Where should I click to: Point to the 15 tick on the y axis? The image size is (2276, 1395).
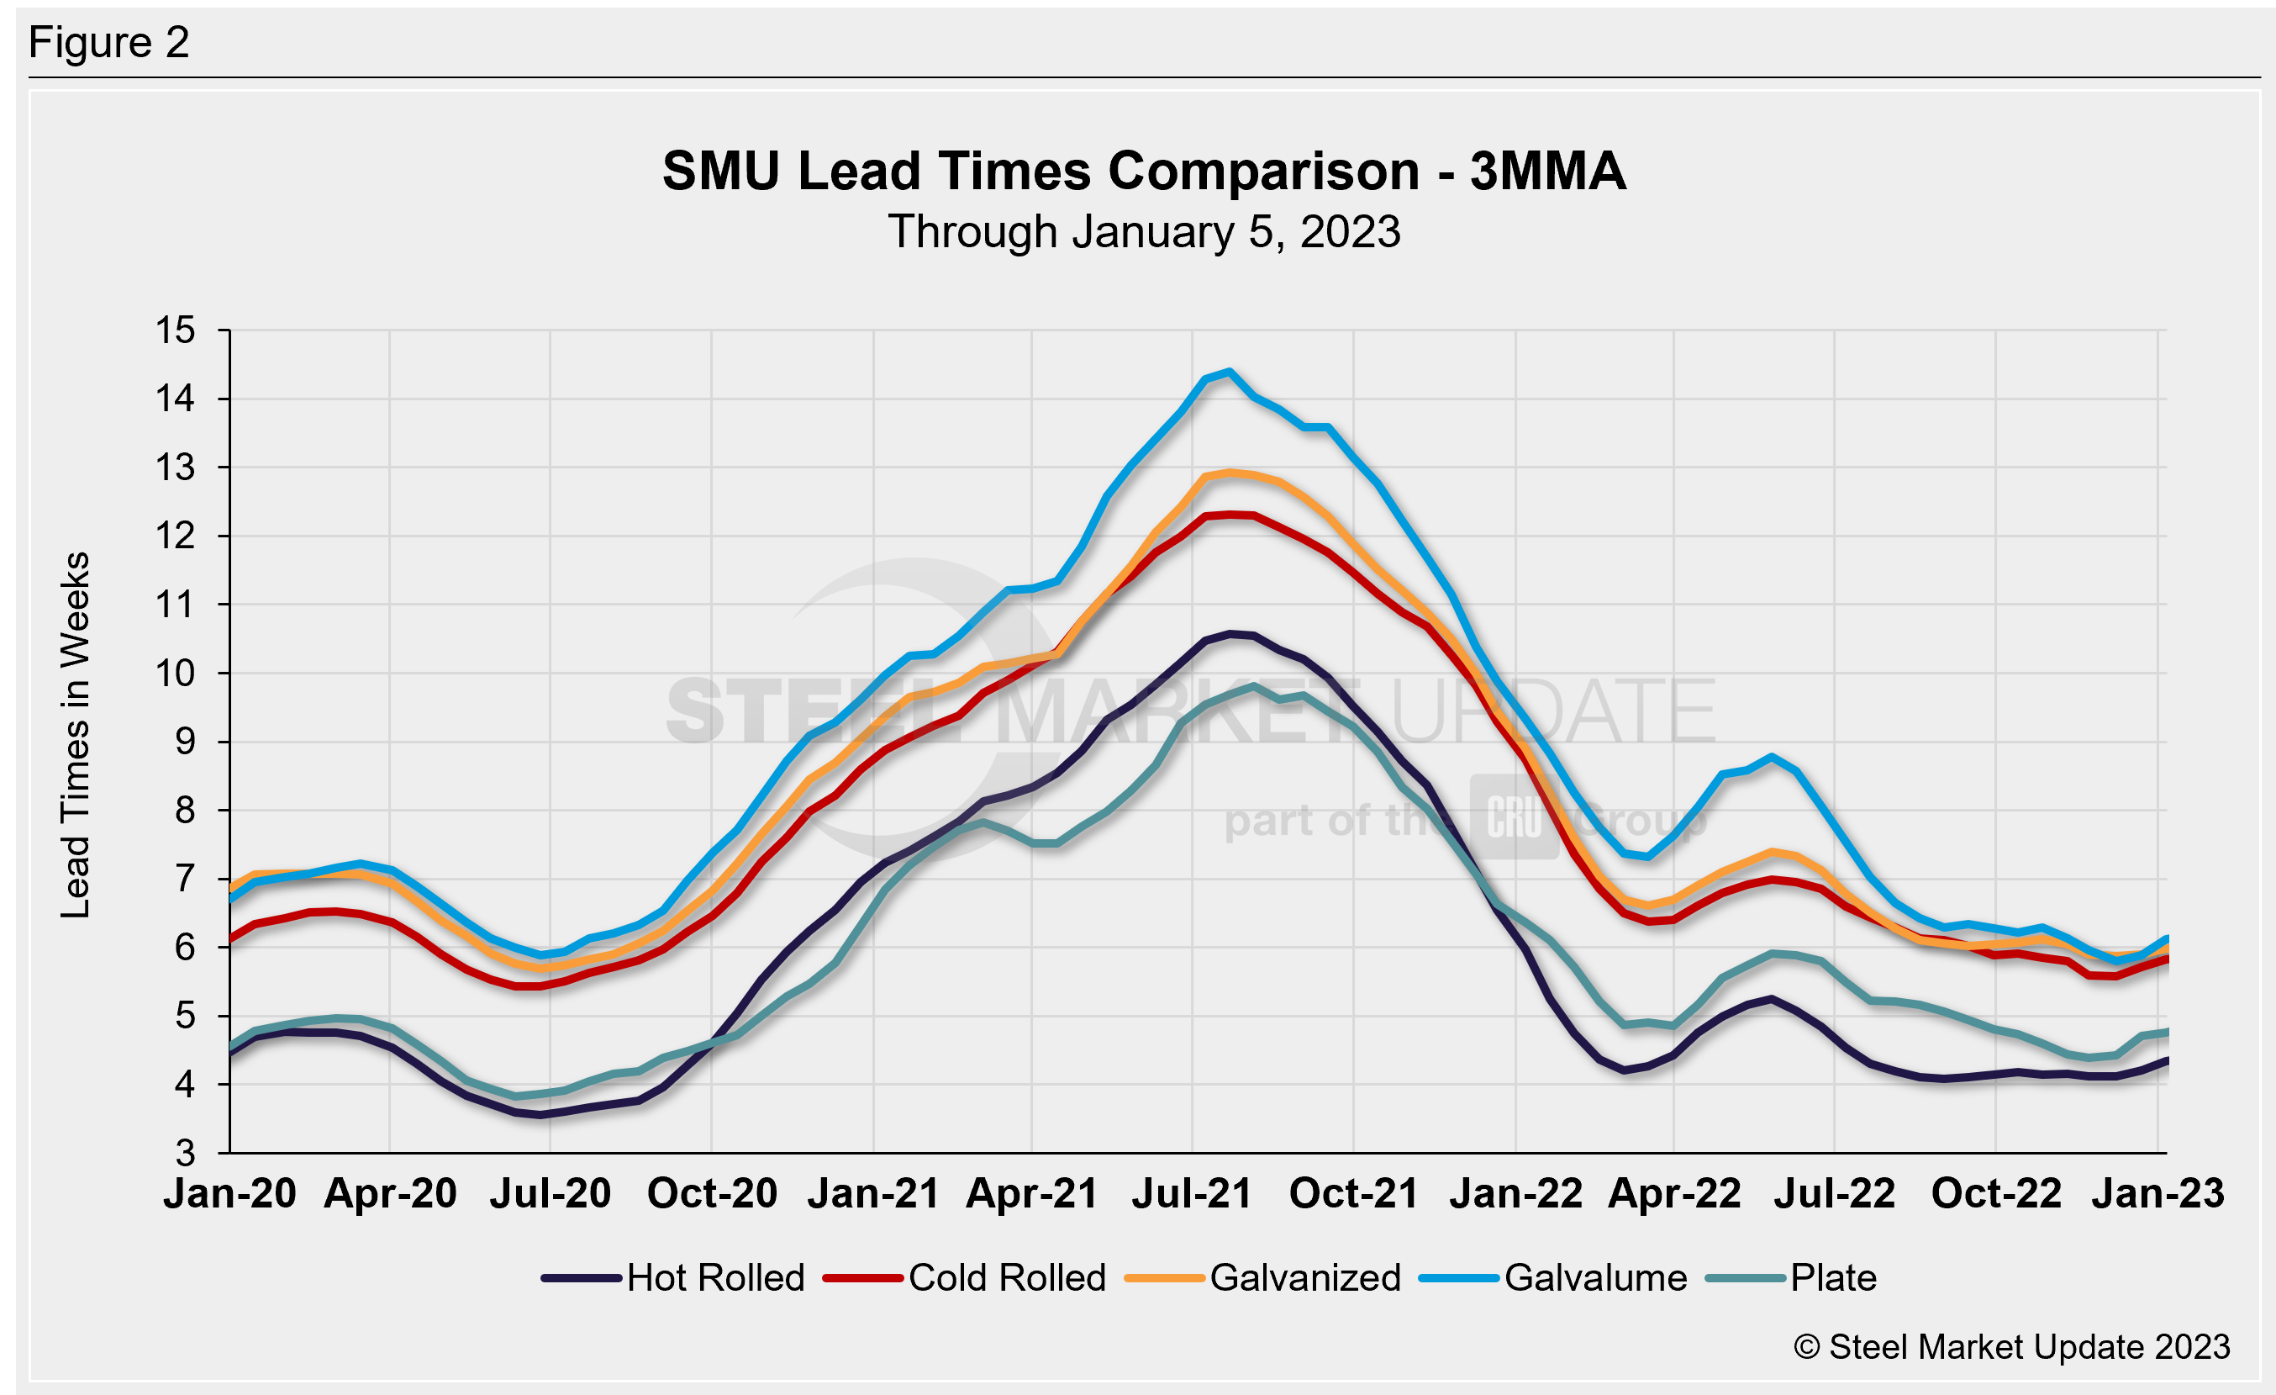176,330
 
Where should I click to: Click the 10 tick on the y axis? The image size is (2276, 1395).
176,674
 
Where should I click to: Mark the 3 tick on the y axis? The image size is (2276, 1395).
186,1153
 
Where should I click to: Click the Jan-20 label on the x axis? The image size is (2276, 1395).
230,1193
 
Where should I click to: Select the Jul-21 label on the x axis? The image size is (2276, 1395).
1192,1193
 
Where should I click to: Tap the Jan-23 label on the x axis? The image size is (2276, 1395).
2157,1193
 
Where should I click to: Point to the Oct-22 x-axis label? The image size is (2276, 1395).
1996,1193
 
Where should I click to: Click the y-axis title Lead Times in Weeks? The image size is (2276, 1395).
76,734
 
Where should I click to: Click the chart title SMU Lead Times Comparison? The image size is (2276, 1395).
1144,171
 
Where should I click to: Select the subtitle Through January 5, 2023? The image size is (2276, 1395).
1144,231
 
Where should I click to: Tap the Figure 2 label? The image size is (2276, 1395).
109,43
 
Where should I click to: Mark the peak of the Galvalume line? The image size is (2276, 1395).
1229,373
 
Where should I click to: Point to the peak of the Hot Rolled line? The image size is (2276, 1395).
1230,634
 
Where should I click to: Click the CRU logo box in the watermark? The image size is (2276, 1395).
1515,816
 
